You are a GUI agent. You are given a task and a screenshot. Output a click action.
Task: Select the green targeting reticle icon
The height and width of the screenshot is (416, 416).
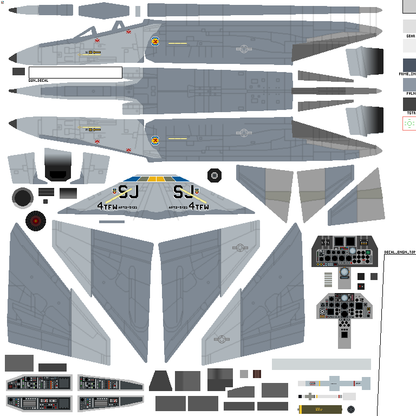click(409, 123)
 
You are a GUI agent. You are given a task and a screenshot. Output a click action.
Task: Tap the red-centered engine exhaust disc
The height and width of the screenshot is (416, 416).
click(36, 221)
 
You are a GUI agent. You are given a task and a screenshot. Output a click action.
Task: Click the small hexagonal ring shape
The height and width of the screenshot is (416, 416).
click(214, 175)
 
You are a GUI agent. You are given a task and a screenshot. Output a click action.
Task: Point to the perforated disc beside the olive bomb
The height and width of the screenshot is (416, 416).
click(351, 409)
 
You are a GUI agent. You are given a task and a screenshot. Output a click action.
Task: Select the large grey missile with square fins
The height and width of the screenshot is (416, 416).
click(334, 383)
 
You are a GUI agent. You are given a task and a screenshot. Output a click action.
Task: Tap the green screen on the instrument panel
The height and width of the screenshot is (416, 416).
click(368, 252)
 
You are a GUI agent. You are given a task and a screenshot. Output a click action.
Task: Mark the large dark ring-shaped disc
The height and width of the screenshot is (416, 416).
click(22, 198)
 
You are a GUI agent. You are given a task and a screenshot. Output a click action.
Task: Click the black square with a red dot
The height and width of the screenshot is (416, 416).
click(361, 286)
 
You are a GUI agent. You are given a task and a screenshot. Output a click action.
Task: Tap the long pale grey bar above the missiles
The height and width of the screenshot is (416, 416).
click(321, 364)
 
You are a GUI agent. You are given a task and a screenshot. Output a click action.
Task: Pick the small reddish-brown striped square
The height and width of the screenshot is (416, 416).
click(257, 374)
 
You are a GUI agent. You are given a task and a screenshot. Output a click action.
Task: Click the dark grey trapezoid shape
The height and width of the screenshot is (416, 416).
click(160, 381)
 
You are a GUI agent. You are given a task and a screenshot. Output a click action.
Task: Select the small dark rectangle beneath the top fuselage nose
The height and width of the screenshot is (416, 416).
click(18, 71)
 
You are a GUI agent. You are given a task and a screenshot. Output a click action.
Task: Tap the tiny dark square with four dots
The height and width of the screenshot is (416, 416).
click(45, 201)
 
